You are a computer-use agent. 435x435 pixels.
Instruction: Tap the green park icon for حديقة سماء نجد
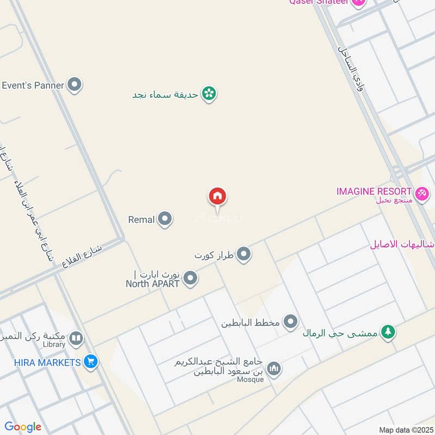pos(208,94)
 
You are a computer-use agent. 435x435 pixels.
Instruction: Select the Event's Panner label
pos(33,85)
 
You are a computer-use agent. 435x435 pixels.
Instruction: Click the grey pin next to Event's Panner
pos(74,85)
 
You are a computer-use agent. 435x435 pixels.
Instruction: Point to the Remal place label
pos(141,220)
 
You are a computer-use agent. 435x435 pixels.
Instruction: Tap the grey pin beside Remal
pos(165,220)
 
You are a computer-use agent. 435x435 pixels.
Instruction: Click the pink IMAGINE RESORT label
pos(374,191)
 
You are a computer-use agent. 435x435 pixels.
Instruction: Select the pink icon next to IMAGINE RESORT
pos(422,193)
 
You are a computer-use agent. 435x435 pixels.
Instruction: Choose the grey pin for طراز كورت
pos(244,254)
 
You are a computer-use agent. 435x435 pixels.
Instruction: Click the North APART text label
pos(152,283)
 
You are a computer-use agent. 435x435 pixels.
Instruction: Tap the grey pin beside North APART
pos(190,279)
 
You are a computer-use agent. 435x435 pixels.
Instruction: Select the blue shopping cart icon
pos(90,362)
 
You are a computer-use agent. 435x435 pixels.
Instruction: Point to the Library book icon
pos(76,340)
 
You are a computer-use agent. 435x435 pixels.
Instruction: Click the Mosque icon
pos(275,369)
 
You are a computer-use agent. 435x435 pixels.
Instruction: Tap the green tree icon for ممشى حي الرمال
pos(388,332)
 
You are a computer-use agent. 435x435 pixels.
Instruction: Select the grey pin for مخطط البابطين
pos(291,322)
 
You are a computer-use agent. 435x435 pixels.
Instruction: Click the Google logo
pos(23,427)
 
